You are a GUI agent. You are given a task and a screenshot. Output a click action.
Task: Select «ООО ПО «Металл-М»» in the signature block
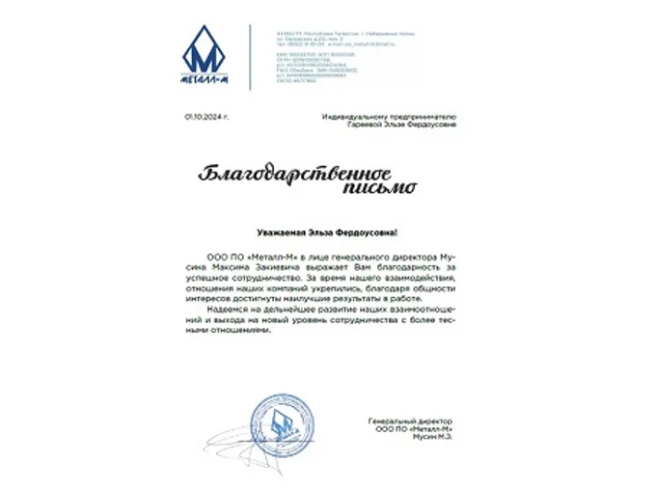(x=416, y=429)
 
